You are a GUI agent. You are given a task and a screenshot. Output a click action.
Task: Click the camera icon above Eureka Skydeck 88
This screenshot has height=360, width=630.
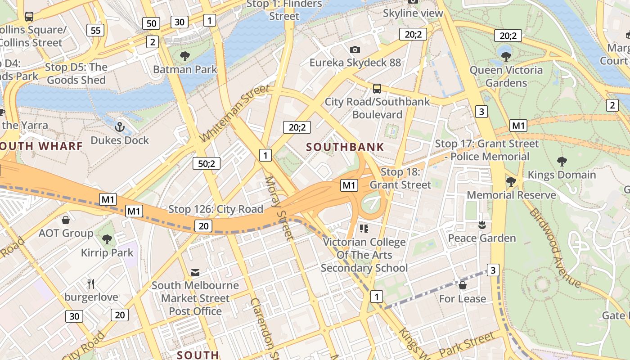tap(355, 49)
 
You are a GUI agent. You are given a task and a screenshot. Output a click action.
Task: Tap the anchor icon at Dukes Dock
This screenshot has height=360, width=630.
tap(119, 127)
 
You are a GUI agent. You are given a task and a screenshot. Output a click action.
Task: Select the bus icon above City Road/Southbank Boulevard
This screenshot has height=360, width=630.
tap(377, 89)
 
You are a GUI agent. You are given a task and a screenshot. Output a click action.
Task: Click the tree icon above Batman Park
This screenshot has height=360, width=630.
tap(184, 56)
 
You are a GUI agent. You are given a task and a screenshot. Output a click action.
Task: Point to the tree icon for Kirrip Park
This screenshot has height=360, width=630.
tap(107, 239)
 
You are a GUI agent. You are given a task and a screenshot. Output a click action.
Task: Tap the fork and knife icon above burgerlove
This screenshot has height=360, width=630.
tap(91, 283)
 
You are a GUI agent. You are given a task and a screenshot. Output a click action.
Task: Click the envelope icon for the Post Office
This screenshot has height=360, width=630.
tap(195, 272)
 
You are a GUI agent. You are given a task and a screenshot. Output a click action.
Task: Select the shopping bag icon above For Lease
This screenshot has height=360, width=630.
tap(462, 285)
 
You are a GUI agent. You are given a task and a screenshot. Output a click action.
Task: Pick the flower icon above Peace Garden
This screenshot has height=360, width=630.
tap(482, 225)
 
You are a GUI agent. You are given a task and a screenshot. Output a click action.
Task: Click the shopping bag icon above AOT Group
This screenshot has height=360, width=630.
tap(66, 220)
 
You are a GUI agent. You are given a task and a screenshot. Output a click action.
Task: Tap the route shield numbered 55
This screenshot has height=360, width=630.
tap(95, 30)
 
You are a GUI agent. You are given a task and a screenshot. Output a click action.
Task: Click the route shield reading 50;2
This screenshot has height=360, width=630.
tap(207, 163)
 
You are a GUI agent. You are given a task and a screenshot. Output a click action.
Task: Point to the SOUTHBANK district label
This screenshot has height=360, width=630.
tap(345, 147)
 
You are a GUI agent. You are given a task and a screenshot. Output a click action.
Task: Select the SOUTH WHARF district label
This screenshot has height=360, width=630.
tap(41, 146)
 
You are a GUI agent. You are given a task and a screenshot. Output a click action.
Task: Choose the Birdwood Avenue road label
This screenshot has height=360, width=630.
tap(555, 247)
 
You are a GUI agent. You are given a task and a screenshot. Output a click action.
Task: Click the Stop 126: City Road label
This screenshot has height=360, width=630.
tap(216, 209)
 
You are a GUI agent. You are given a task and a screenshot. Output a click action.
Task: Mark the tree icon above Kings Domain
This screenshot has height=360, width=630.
tap(562, 161)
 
